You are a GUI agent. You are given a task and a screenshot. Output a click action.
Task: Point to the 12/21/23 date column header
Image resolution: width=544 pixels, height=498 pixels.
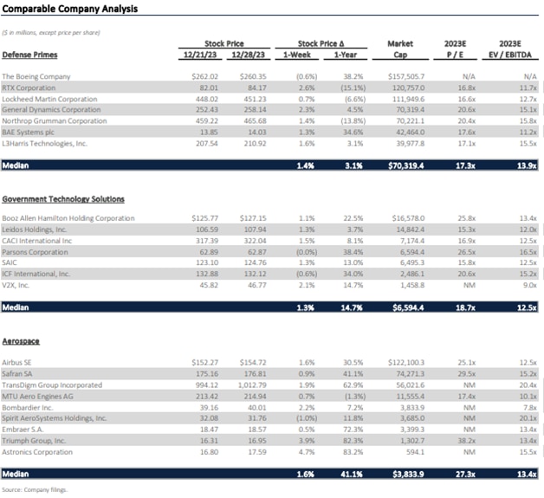point(198,53)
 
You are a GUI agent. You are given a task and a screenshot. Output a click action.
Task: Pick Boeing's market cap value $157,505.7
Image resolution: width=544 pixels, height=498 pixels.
point(404,76)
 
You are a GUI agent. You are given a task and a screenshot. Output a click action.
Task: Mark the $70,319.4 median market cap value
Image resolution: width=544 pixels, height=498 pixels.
point(404,163)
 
